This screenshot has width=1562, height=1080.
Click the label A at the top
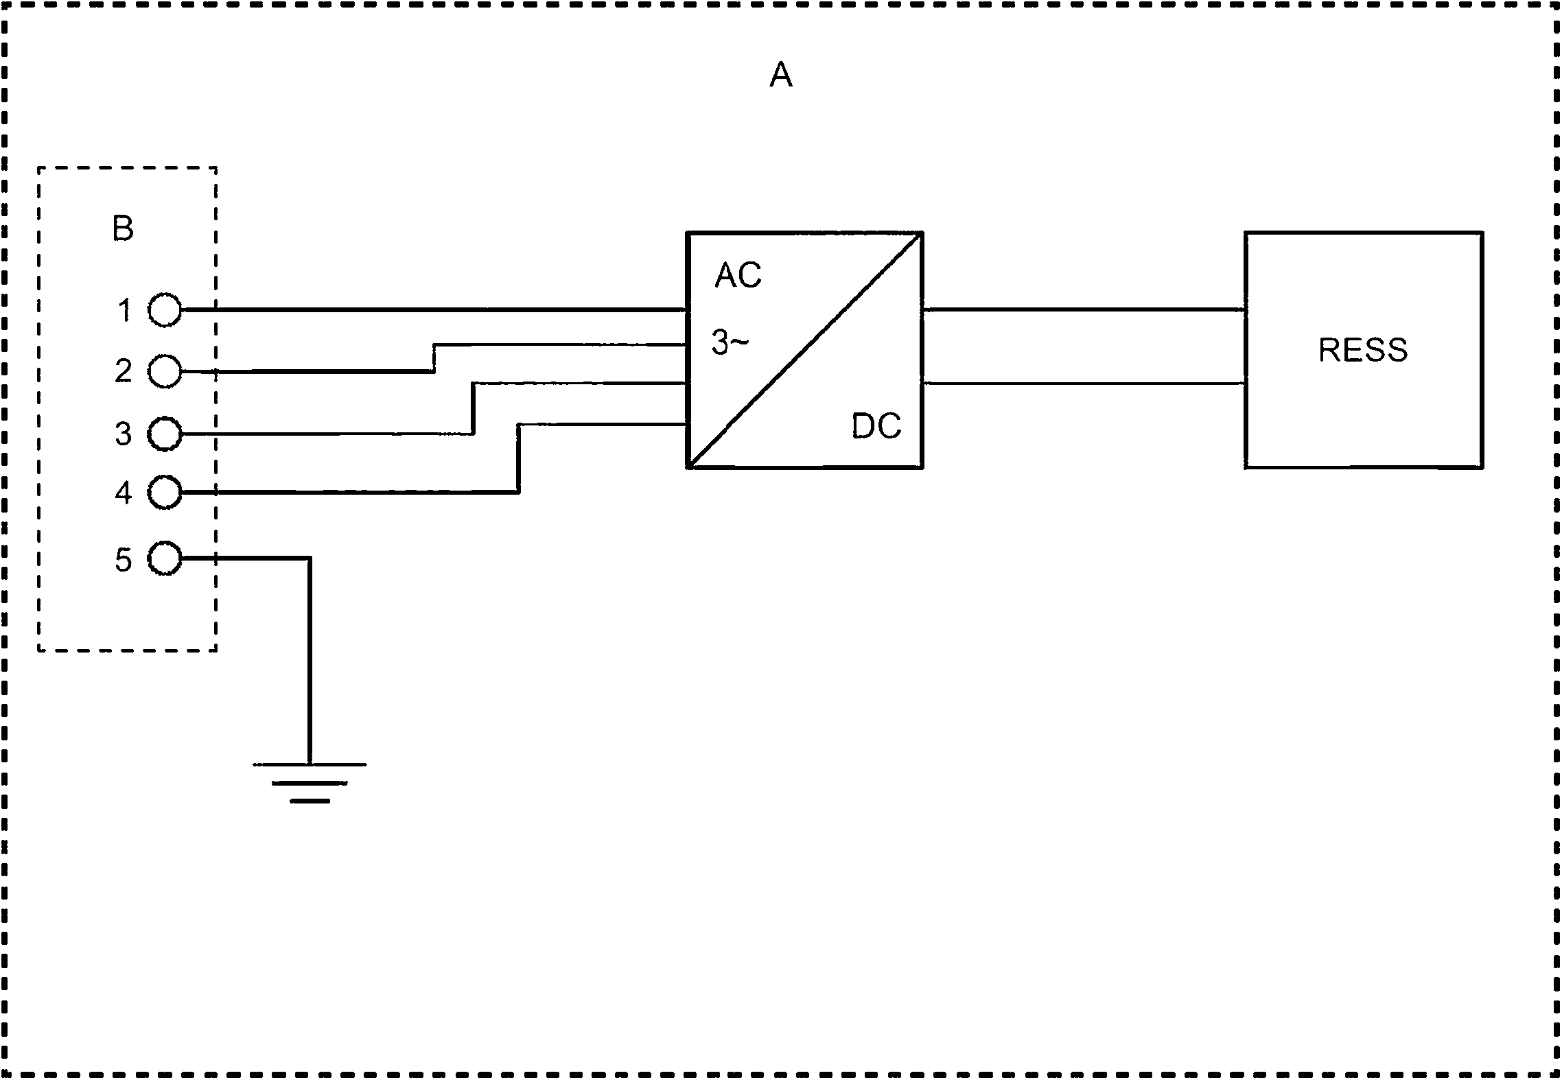click(781, 75)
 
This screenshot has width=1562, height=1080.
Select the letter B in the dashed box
click(123, 228)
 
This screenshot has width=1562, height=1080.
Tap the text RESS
click(1363, 350)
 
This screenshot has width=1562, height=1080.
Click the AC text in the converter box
click(738, 275)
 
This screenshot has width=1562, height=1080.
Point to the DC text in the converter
click(876, 426)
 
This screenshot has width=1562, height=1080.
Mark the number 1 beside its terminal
click(125, 310)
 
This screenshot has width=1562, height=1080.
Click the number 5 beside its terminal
click(124, 560)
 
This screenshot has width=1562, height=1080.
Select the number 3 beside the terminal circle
click(124, 434)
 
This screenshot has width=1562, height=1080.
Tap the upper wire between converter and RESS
click(1084, 310)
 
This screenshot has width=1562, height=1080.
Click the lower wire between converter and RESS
click(1084, 383)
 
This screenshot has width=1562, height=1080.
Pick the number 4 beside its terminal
click(124, 493)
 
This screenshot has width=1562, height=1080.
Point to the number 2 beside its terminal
click(124, 371)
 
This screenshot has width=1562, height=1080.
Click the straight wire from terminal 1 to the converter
click(434, 310)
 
